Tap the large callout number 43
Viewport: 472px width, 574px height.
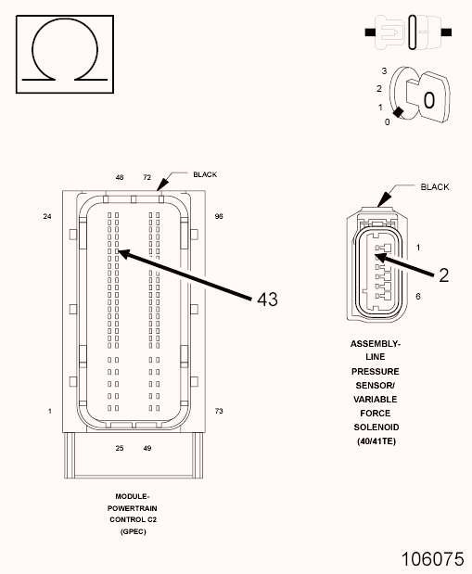pyautogui.click(x=267, y=300)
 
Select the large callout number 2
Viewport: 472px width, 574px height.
pyautogui.click(x=443, y=275)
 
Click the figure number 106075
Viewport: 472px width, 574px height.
pyautogui.click(x=433, y=559)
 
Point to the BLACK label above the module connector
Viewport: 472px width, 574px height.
pyautogui.click(x=205, y=174)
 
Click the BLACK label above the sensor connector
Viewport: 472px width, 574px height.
pyautogui.click(x=435, y=187)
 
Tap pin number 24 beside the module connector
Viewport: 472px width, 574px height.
pyautogui.click(x=47, y=216)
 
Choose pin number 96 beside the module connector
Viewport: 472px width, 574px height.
pyautogui.click(x=219, y=216)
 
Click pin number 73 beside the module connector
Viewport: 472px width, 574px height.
pyautogui.click(x=219, y=411)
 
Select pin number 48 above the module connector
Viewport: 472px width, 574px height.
pyautogui.click(x=120, y=177)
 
